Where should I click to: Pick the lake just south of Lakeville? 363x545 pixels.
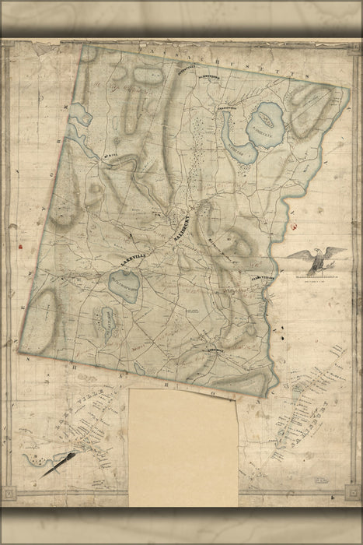[124, 287]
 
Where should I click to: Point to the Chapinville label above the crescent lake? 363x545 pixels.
[225, 107]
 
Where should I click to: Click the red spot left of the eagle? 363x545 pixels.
[293, 226]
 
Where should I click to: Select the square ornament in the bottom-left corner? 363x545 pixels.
[8, 492]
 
